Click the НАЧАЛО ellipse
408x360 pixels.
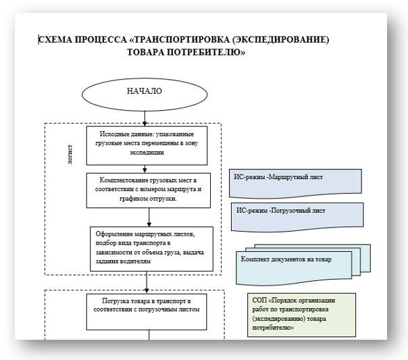[145, 95]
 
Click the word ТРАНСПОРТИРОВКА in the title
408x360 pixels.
[181, 40]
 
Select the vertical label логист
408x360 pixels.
[70, 154]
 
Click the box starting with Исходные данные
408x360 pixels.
[147, 146]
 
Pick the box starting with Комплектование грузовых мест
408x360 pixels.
[149, 190]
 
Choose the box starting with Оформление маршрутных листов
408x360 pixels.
[151, 249]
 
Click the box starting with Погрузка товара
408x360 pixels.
[147, 312]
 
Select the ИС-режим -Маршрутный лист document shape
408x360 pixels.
[295, 183]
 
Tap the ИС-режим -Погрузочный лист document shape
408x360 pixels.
[297, 217]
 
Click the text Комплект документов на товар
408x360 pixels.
[286, 259]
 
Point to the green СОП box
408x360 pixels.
[301, 315]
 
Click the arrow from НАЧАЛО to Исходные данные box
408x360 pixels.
[145, 119]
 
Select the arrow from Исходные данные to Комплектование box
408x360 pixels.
[145, 169]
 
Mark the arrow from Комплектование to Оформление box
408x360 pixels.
[149, 217]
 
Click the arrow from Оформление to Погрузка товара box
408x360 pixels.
[147, 282]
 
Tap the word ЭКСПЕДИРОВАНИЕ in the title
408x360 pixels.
[280, 40]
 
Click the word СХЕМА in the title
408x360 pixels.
[55, 40]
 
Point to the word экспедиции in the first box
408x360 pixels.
[147, 153]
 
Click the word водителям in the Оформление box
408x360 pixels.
[135, 261]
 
